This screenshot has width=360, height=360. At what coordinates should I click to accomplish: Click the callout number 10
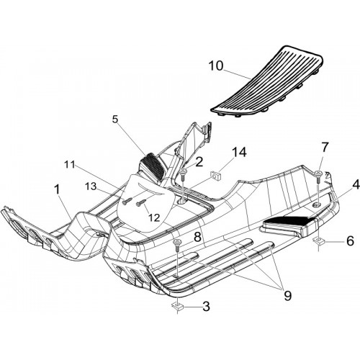coord(215,66)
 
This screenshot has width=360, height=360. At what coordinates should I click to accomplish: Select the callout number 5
coord(115,120)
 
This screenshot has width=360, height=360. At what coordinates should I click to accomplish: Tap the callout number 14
coord(239,153)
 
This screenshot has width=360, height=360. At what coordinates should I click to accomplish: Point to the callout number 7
coord(324,148)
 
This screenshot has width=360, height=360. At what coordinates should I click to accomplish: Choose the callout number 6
coord(351,240)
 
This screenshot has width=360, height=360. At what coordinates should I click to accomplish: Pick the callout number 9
coord(287,295)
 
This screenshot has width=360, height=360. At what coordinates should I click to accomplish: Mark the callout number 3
coord(206,307)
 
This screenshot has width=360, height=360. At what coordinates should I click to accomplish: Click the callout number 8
coord(197,237)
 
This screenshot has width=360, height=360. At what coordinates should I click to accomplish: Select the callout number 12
coord(154,217)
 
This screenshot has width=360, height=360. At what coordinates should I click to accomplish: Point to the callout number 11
coord(69,165)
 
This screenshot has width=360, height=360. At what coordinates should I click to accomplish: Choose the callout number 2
coord(199,162)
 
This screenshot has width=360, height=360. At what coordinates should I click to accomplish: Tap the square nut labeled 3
coord(177,306)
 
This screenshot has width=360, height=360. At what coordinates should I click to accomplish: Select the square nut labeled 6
coord(319,240)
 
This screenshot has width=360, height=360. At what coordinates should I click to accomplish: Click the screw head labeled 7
coord(318,173)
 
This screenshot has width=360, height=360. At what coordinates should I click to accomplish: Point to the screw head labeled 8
coord(177,242)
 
